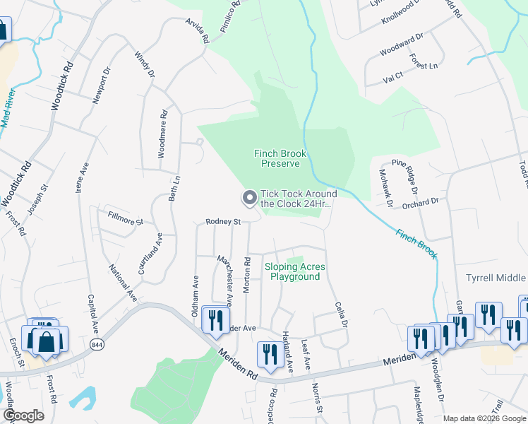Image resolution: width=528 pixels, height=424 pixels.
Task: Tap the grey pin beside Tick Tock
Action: pos(249,199)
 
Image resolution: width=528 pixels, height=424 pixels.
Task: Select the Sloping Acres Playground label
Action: pos(295,271)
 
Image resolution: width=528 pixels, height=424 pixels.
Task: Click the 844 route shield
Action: pos(97,343)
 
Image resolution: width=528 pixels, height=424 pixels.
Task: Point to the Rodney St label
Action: pos(223,222)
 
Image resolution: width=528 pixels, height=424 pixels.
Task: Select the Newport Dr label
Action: pos(100,86)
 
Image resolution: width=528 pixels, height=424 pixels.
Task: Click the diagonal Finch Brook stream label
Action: pos(416,244)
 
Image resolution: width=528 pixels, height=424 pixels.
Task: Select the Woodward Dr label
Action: pos(400,45)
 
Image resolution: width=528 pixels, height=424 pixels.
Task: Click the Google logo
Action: pos(24,416)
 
